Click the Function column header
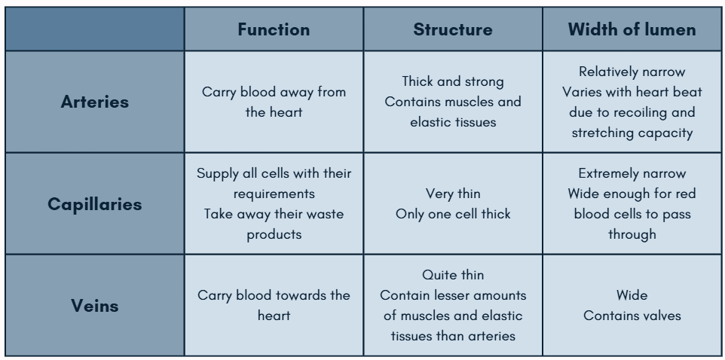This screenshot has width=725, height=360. (274, 30)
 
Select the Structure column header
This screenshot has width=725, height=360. (453, 30)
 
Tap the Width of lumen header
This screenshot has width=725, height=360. (632, 30)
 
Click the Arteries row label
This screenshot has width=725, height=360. (94, 102)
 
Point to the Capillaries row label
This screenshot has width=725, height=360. (94, 204)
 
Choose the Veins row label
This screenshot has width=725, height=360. (94, 305)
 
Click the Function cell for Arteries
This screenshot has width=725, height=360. (274, 102)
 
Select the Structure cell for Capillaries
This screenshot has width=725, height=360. (453, 204)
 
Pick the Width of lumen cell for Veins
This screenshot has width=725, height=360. (632, 305)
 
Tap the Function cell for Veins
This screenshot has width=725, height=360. (274, 305)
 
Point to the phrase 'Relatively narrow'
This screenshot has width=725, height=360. (632, 72)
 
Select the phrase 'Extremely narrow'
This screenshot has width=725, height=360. (632, 174)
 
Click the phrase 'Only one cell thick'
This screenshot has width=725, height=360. (453, 213)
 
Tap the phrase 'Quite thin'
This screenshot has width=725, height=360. (453, 276)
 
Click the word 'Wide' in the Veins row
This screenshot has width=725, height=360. (632, 295)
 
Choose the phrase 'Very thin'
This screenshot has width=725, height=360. (453, 194)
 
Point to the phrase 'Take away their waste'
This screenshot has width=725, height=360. (274, 213)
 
